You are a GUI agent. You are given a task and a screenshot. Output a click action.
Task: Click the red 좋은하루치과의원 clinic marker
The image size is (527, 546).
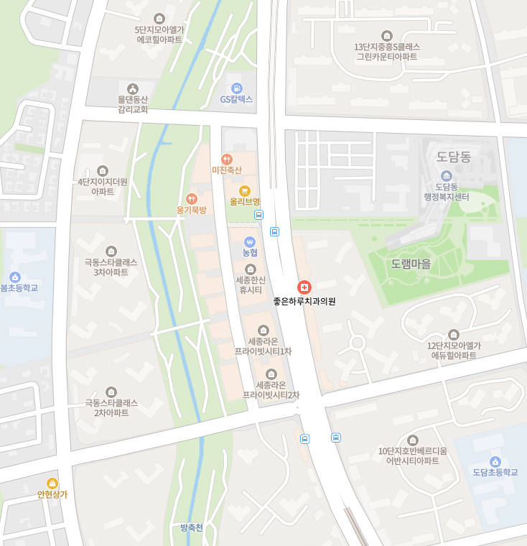pyautogui.click(x=304, y=287)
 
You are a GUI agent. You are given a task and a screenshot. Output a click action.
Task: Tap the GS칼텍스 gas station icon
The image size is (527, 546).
pyautogui.click(x=237, y=87)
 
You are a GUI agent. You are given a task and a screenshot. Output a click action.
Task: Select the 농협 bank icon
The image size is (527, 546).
pyautogui.click(x=250, y=241)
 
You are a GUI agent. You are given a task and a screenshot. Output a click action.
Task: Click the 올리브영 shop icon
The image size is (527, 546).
pyautogui.click(x=245, y=190)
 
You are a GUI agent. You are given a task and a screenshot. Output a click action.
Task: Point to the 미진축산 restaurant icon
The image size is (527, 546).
pyautogui.click(x=227, y=159)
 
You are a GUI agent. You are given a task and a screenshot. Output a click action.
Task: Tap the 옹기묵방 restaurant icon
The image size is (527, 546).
pyautogui.click(x=191, y=198)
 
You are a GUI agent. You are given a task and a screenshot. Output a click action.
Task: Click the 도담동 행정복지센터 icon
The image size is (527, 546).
pyautogui.click(x=446, y=176)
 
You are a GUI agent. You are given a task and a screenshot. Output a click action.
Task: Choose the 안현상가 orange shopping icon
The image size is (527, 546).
pyautogui.click(x=52, y=483)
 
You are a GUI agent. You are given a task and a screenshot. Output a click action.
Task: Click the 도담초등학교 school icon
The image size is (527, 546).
pyautogui.click(x=495, y=461)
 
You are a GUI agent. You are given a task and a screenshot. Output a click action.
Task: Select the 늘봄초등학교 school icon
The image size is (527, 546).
pyautogui.click(x=15, y=277)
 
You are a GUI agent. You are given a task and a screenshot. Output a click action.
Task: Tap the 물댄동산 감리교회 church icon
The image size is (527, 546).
pyautogui.click(x=133, y=88)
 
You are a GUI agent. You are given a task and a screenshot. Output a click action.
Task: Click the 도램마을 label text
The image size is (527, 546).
pyautogui.click(x=411, y=264)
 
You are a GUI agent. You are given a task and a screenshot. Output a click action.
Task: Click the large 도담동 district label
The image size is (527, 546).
pyautogui.click(x=454, y=157)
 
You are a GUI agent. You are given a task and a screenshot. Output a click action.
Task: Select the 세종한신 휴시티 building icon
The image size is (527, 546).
pyautogui.click(x=250, y=269)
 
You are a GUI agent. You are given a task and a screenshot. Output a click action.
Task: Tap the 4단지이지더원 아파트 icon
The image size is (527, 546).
pyautogui.click(x=102, y=171)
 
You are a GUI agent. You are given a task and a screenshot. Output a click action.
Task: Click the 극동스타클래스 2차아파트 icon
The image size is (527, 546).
pyautogui.click(x=111, y=392)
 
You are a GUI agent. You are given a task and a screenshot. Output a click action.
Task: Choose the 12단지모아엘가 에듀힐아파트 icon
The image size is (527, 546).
pyautogui.click(x=453, y=335)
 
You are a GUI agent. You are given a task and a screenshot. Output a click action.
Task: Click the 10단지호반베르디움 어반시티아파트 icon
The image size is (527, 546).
pyautogui.click(x=412, y=440)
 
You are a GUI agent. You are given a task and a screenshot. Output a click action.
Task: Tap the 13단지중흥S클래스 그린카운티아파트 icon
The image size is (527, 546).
pyautogui.click(x=387, y=35)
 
